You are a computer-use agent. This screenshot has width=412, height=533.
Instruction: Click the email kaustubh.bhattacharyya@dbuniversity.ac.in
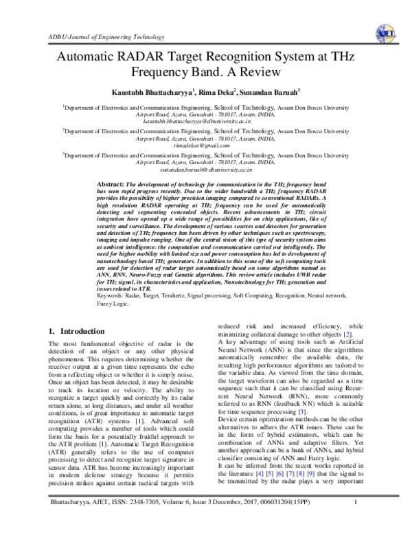[x=206, y=120]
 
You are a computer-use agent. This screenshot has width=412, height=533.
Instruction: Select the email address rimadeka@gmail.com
[x=206, y=145]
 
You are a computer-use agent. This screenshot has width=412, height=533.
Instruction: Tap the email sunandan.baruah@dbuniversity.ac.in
[x=206, y=168]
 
